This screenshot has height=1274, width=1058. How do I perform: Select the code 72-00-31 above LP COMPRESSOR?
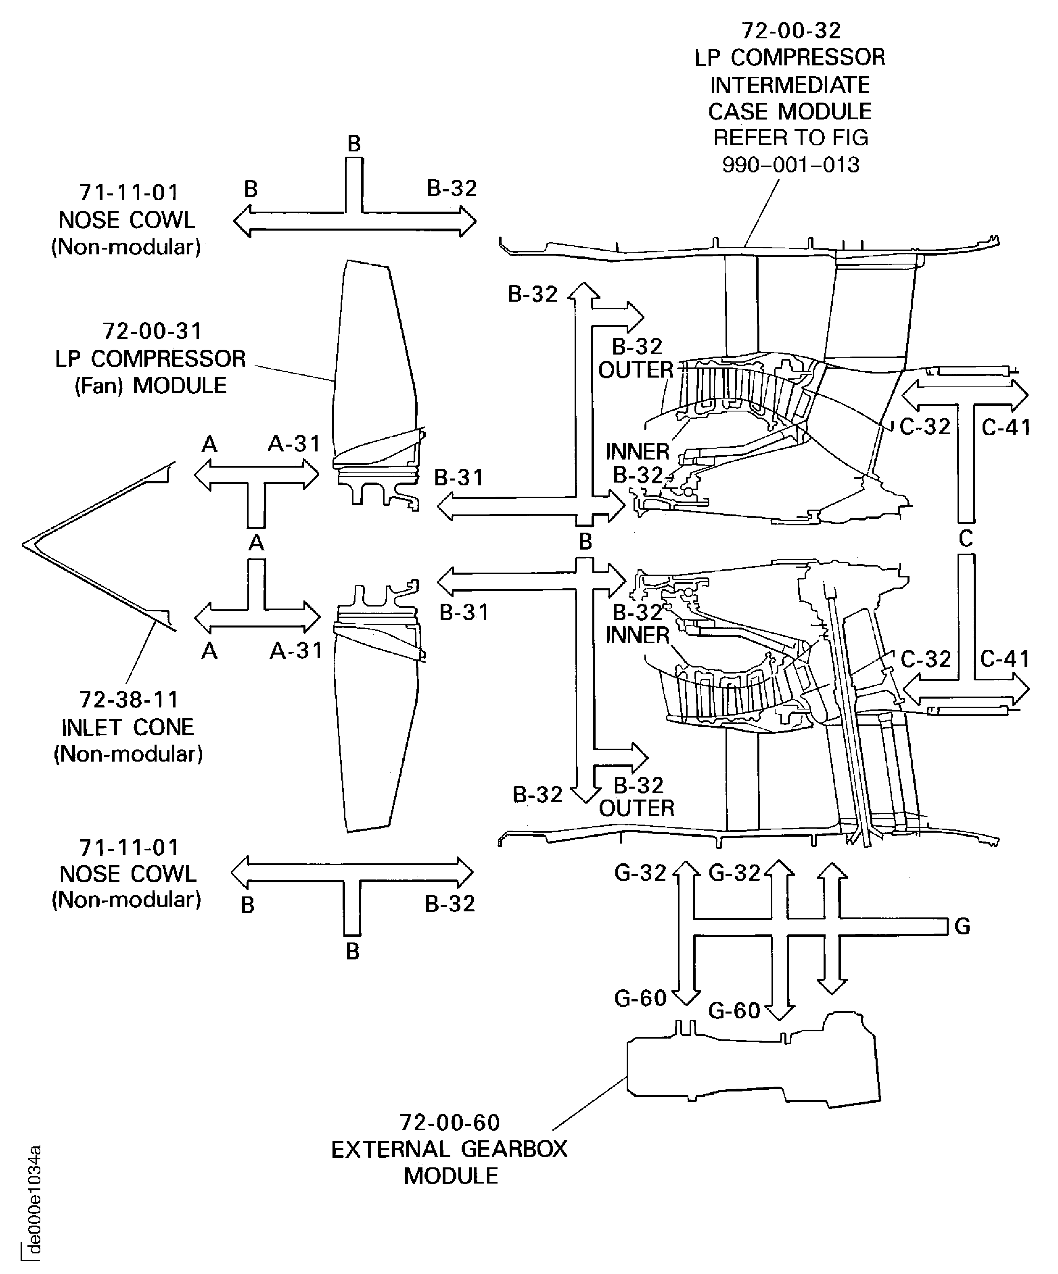(152, 331)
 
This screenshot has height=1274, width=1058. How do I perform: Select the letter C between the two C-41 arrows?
(966, 539)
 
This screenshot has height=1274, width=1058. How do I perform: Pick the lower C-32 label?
(925, 659)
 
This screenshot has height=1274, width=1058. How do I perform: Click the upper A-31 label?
(294, 444)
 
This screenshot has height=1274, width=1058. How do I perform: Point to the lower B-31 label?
(464, 612)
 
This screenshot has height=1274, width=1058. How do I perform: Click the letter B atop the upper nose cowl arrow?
(354, 144)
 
